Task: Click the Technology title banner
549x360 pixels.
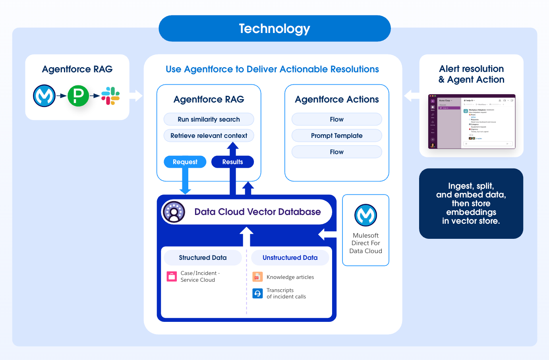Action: [274, 29]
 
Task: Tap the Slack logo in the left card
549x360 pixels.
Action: [110, 96]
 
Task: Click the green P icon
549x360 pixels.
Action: [78, 96]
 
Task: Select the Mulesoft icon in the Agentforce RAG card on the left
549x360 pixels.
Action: [44, 96]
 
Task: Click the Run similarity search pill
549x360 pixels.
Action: [209, 119]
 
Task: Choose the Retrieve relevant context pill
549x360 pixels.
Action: [209, 135]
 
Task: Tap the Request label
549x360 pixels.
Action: [185, 162]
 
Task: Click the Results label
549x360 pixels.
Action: [232, 162]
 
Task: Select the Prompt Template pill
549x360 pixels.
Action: [336, 135]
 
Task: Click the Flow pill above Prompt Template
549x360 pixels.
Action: [336, 119]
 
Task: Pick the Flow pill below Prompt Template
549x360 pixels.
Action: [336, 152]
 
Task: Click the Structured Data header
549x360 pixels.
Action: [203, 257]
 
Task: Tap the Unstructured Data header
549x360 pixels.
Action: [290, 257]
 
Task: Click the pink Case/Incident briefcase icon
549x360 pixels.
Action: [172, 277]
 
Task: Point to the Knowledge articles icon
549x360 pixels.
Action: [257, 277]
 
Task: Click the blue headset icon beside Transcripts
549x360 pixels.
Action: [257, 294]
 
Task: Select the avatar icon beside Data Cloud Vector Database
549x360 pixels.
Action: [174, 212]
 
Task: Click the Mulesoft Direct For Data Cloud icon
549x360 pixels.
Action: [365, 215]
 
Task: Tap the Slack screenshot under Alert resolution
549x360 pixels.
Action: [472, 122]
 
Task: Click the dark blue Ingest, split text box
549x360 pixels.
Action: [471, 203]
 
